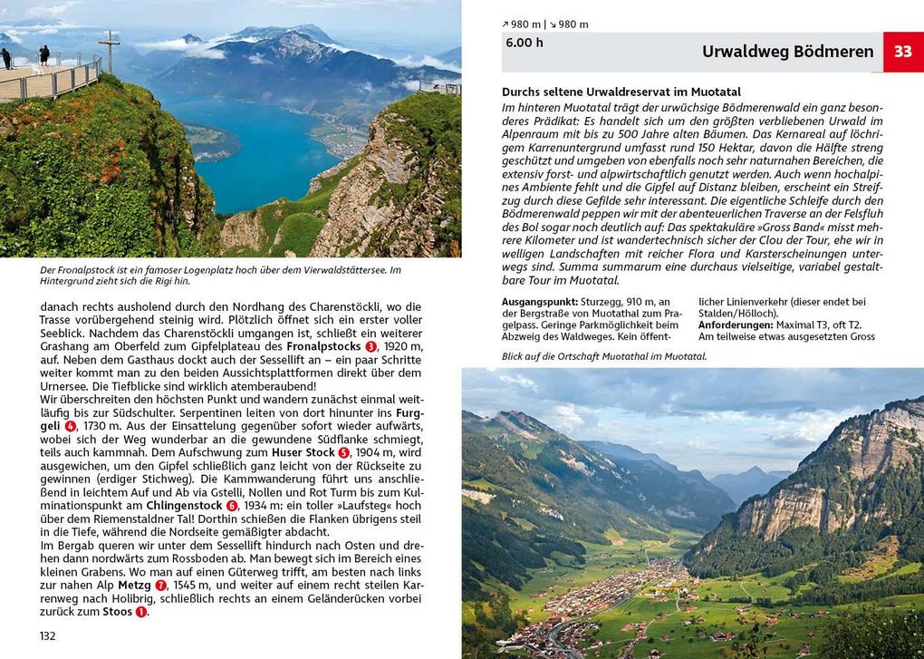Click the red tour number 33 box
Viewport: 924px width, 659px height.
[x=903, y=52]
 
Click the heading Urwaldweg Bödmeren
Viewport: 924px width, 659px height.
[x=787, y=52]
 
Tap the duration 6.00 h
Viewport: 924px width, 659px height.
[x=525, y=42]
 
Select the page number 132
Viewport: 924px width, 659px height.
[x=48, y=635]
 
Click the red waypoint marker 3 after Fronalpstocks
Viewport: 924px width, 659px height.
[x=371, y=347]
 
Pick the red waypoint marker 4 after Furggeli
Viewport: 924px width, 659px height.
[x=71, y=425]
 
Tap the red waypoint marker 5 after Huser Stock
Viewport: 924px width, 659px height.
[x=343, y=452]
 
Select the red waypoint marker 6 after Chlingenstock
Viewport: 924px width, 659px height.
[x=232, y=505]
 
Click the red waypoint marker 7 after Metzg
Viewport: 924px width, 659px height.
[x=161, y=586]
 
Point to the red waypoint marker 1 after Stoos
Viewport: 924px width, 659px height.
[x=141, y=612]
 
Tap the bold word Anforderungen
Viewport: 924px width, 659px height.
[x=736, y=325]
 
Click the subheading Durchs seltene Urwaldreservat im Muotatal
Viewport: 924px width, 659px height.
[x=621, y=92]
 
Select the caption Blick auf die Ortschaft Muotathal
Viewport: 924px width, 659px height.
[x=604, y=356]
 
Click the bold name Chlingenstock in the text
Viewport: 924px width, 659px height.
[x=184, y=505]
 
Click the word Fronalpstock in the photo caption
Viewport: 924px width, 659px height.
[x=82, y=270]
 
